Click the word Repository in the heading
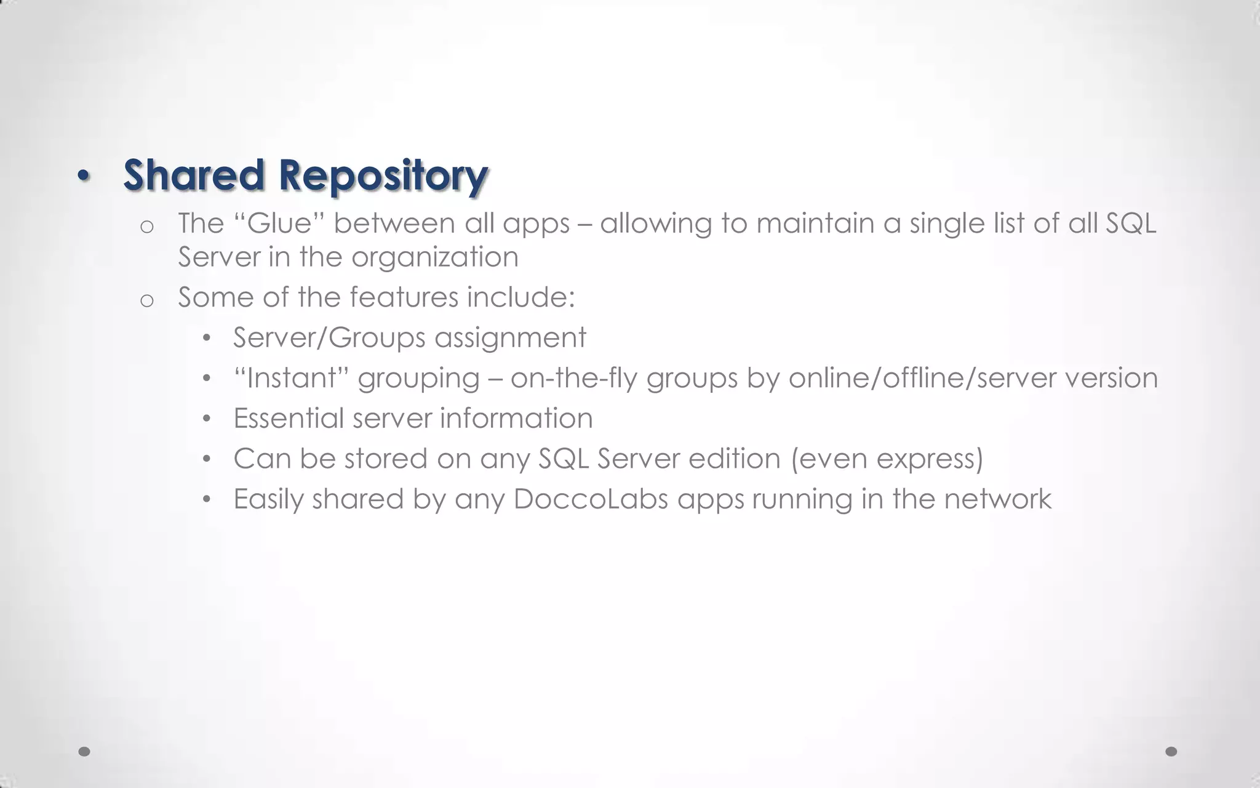coord(383,176)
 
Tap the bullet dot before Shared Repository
coord(84,177)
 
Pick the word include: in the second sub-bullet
coord(520,297)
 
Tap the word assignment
coord(510,338)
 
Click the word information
coord(516,419)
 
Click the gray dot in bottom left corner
coord(85,751)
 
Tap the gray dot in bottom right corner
coord(1171,751)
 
